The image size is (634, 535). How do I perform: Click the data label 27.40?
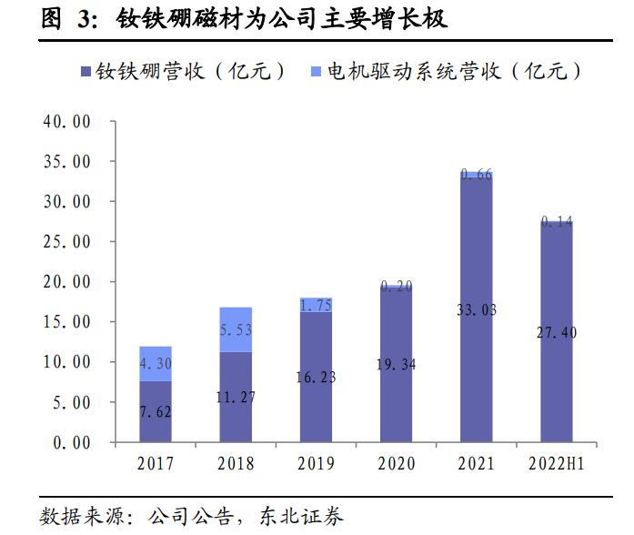[557, 333]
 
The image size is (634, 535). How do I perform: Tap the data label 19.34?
[396, 365]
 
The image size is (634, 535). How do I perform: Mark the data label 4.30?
[155, 363]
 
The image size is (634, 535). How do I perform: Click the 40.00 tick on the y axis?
[67, 121]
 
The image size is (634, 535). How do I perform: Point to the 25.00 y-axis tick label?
[67, 241]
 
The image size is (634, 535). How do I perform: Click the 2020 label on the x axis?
[396, 464]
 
